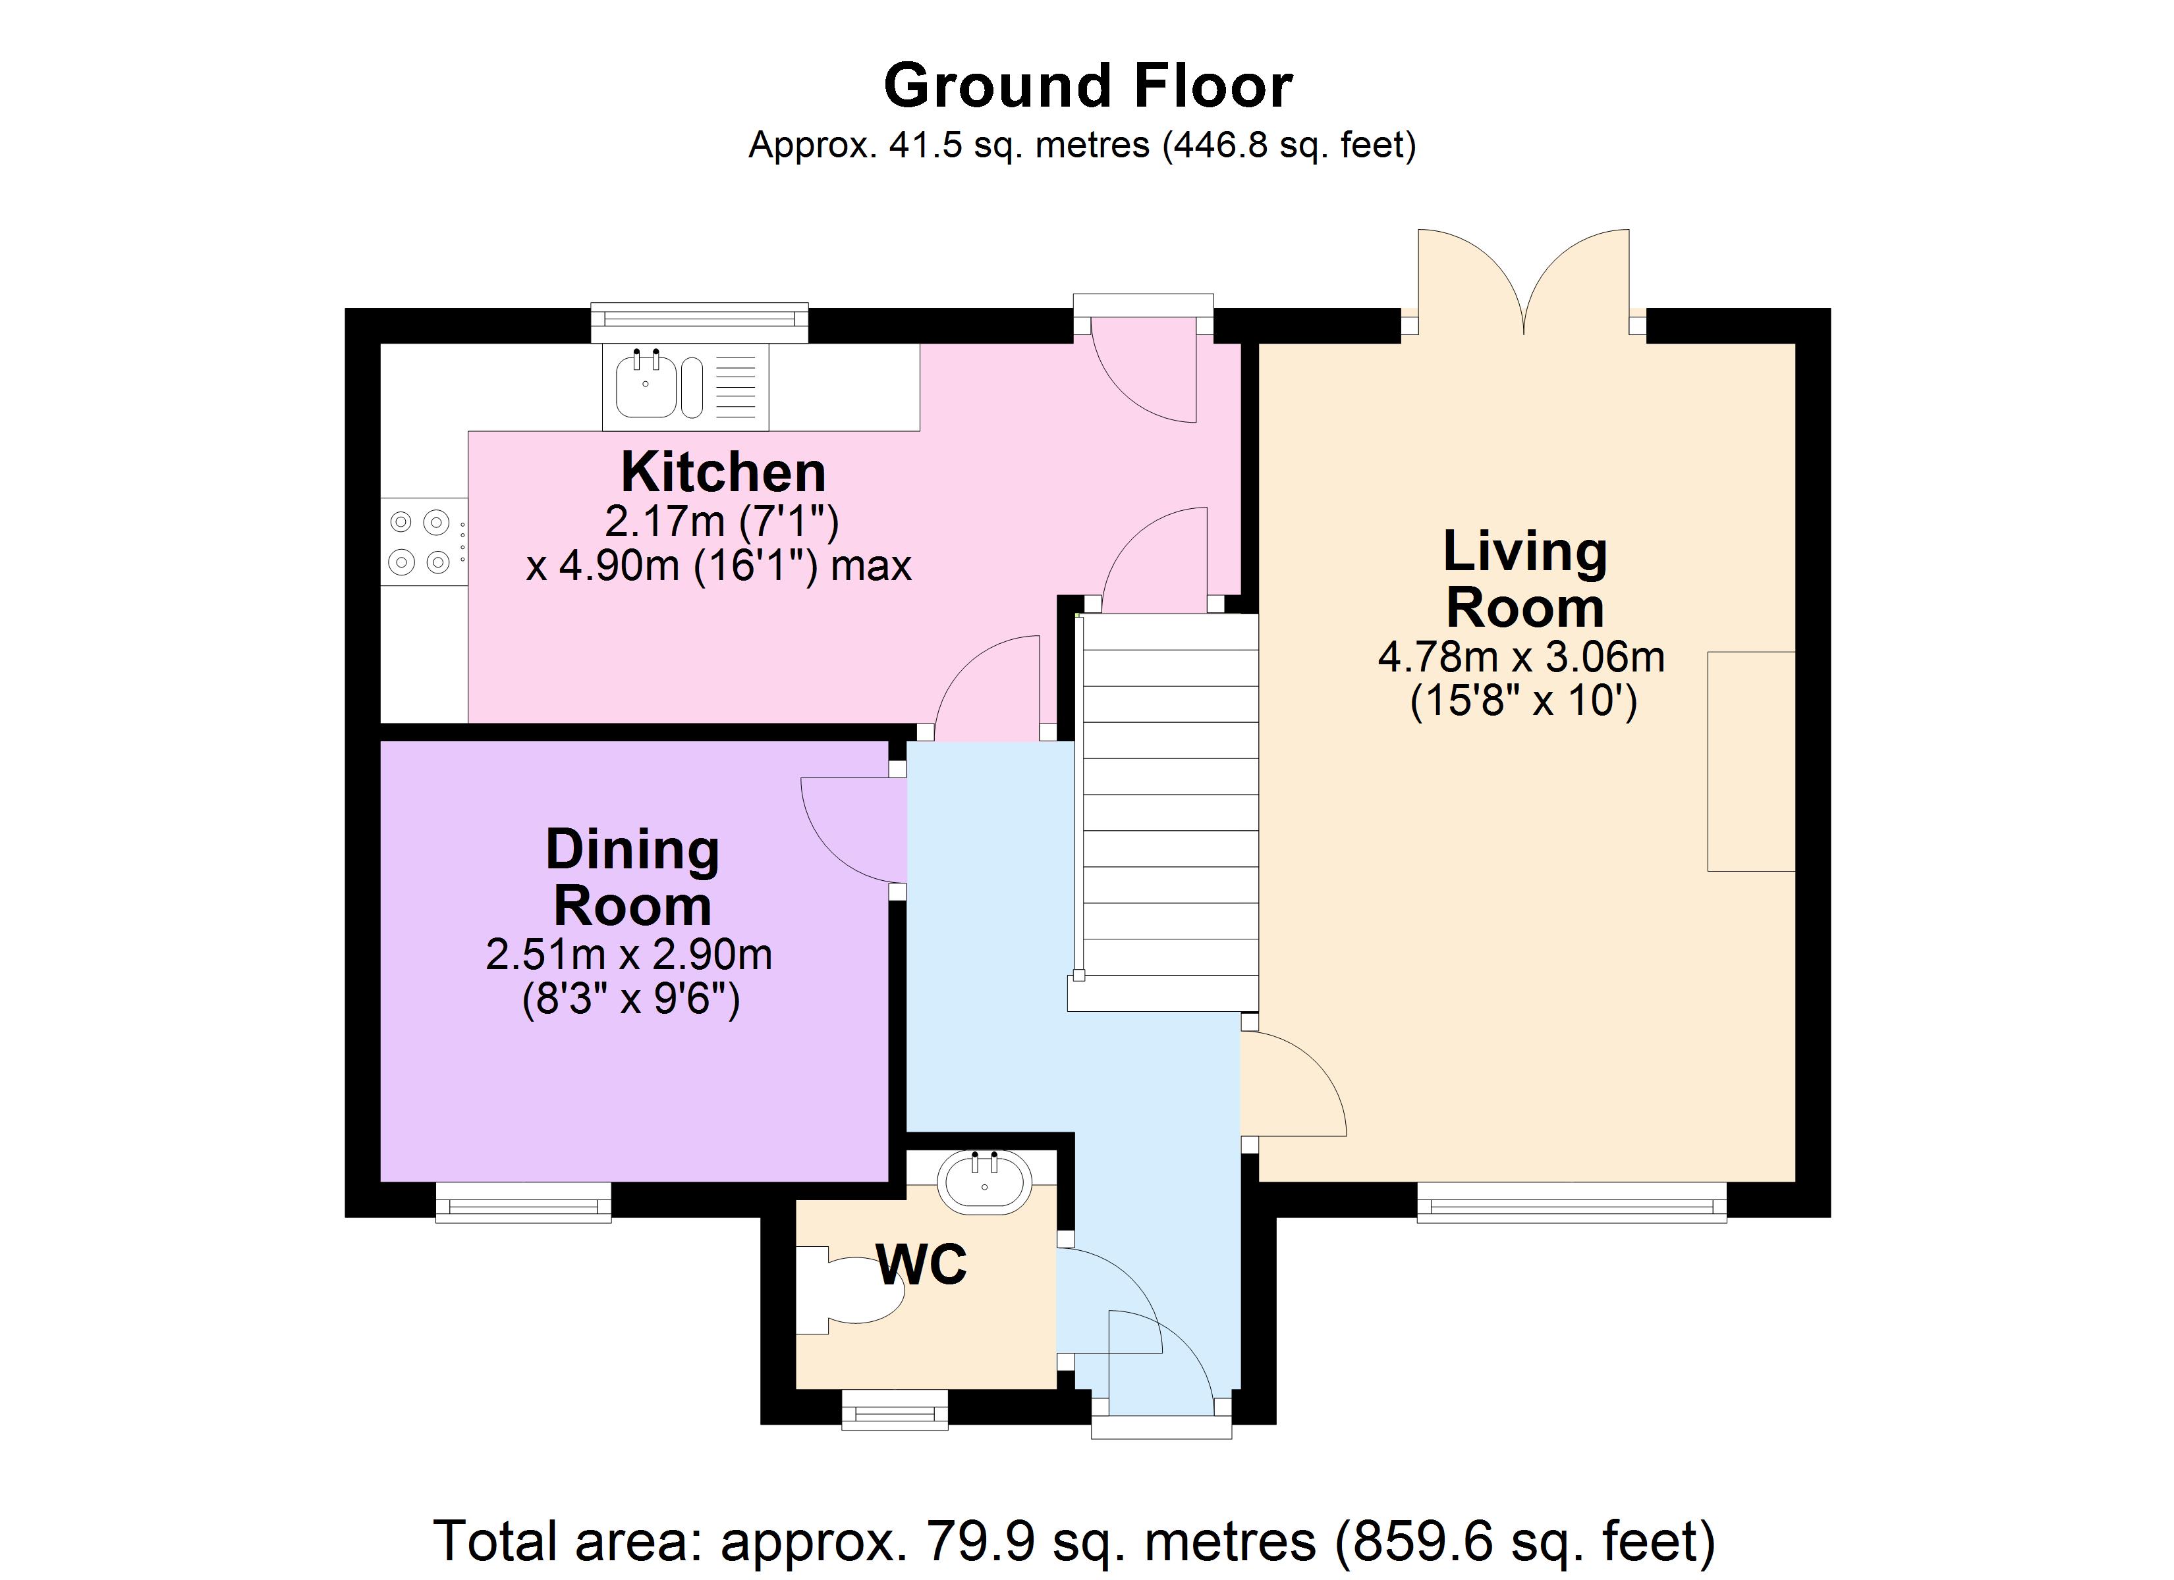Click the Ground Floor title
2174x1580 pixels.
[1087, 86]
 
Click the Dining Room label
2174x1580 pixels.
[632, 877]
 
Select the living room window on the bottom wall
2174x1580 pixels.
[1571, 1203]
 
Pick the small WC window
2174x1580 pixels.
[895, 1409]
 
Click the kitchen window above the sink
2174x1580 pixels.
[699, 323]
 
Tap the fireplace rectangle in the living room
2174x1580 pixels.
[1750, 761]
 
